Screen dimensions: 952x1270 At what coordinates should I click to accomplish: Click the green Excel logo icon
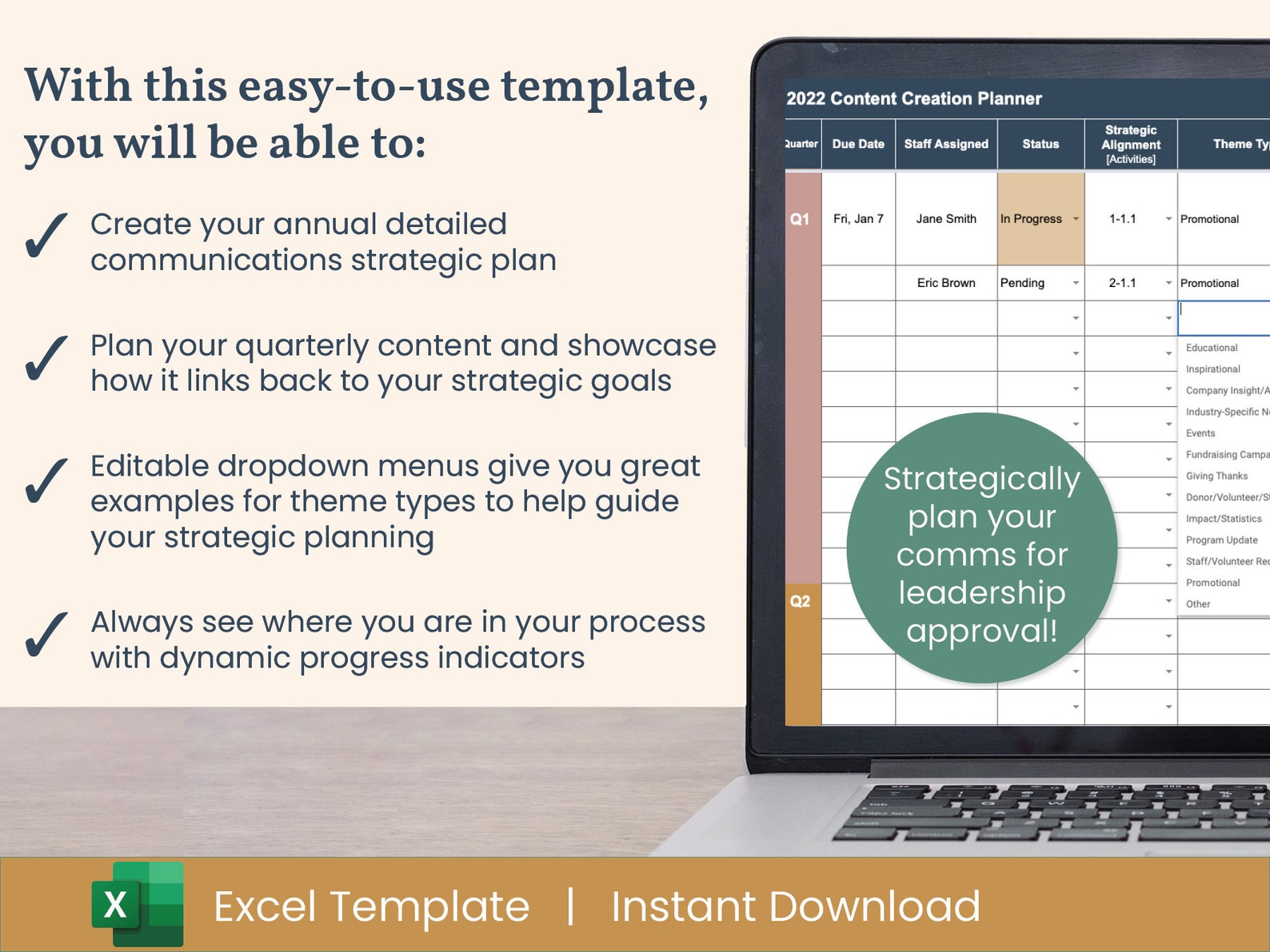coord(138,905)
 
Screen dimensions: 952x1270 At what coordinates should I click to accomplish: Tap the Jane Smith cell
coord(946,219)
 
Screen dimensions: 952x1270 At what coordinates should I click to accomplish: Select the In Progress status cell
coord(1032,219)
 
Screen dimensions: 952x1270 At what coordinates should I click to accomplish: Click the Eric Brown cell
coord(946,283)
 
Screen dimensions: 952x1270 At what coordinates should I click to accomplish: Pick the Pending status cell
coord(1023,283)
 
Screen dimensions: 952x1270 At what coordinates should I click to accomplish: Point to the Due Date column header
coord(858,144)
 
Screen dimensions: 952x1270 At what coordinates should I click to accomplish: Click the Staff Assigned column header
coord(946,144)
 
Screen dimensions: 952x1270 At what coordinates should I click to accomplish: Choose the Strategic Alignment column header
coord(1131,144)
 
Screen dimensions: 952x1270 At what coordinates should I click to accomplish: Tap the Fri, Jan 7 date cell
coord(858,219)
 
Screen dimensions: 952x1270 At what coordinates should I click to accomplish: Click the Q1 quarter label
coord(800,219)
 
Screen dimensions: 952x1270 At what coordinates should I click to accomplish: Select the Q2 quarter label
coord(800,601)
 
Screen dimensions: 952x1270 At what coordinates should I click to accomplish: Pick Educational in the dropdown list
coord(1212,348)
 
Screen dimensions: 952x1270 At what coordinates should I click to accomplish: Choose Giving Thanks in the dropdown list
coord(1216,476)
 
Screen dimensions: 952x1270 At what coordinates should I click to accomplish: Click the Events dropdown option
coord(1200,433)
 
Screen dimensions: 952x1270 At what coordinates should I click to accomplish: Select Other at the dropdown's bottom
coord(1198,604)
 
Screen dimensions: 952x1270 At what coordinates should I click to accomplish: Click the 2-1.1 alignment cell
coord(1123,283)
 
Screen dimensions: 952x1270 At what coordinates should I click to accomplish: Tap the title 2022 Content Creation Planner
coord(914,98)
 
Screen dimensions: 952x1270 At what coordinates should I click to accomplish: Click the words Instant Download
coord(795,906)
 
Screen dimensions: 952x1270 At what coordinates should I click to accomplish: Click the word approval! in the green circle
coord(982,631)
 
